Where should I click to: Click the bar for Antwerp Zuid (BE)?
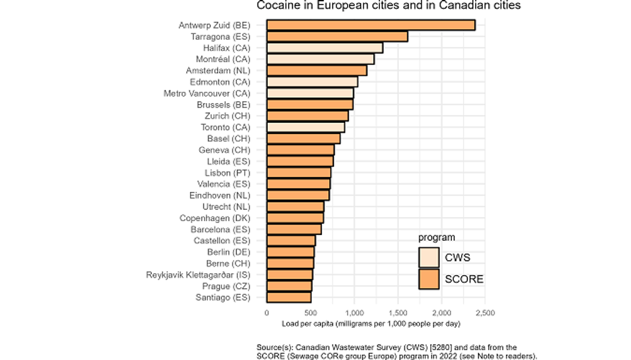click(x=370, y=25)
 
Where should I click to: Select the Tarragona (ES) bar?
click(x=337, y=37)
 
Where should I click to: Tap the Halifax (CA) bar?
click(x=325, y=48)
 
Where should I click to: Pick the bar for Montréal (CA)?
click(x=320, y=59)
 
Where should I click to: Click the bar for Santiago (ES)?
click(x=288, y=298)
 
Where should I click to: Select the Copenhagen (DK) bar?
click(x=295, y=218)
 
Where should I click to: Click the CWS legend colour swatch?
click(x=429, y=258)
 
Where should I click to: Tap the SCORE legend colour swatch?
click(x=429, y=279)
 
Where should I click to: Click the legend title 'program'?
click(x=437, y=238)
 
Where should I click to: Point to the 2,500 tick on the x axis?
click(x=484, y=313)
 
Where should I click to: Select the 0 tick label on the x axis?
click(x=267, y=313)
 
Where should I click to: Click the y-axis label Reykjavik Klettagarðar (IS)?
click(x=198, y=275)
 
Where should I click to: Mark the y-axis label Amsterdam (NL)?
click(x=218, y=71)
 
